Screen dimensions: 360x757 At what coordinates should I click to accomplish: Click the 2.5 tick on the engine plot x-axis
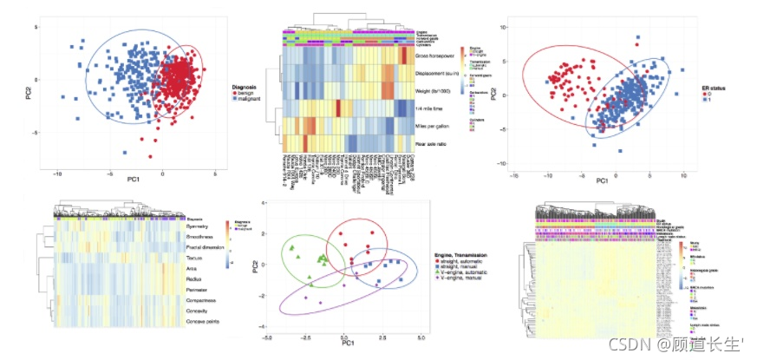(382, 337)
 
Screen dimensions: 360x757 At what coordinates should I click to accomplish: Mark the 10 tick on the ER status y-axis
(502, 28)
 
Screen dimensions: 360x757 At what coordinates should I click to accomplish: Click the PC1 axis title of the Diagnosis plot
(134, 180)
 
